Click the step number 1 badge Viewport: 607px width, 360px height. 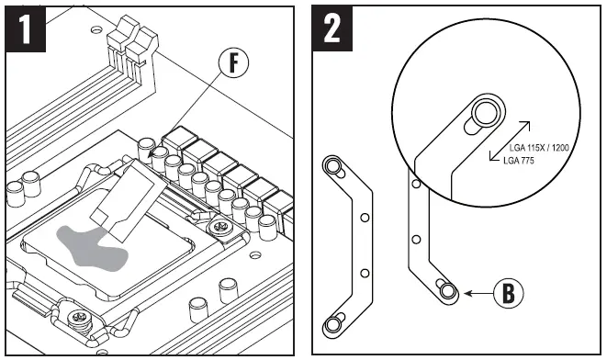(x=26, y=28)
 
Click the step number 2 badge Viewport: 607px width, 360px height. (x=332, y=28)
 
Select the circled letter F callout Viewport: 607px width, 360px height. (x=233, y=62)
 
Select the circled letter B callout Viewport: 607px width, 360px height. (x=509, y=293)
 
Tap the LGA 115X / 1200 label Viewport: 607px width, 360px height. (x=539, y=148)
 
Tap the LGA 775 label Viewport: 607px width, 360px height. (x=519, y=161)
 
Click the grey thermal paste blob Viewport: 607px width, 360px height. (x=91, y=247)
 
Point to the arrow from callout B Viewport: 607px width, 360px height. (x=478, y=294)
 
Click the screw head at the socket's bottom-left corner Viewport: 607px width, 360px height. (x=80, y=318)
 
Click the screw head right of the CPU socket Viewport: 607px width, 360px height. (x=220, y=226)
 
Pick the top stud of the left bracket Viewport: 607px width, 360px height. (x=331, y=167)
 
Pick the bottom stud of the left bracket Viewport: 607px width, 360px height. (x=332, y=325)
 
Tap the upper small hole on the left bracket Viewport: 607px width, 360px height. (x=365, y=218)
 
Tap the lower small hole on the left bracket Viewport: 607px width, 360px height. (x=365, y=274)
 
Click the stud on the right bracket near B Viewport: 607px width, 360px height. (x=448, y=291)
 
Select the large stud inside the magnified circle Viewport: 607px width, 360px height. (x=486, y=113)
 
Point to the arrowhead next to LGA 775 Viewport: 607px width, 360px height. (x=493, y=156)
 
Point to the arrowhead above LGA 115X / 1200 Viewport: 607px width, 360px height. (x=526, y=125)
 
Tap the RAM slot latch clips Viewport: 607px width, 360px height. (x=133, y=39)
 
